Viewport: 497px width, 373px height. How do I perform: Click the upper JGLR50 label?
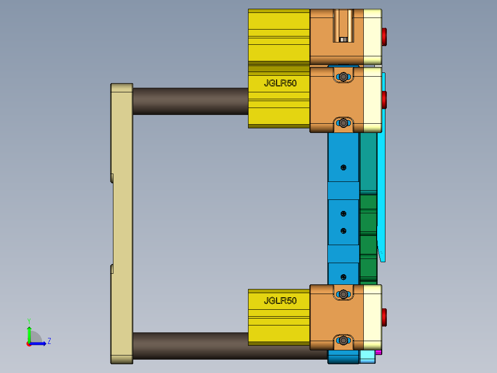pos(280,84)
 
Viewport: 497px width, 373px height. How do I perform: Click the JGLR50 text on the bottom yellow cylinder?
pos(280,301)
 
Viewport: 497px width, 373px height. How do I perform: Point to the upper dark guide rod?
pos(190,101)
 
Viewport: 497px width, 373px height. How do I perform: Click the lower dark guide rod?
pos(190,346)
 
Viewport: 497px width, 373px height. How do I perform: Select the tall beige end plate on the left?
pos(122,223)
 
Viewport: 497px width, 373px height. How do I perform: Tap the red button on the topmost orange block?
pos(384,36)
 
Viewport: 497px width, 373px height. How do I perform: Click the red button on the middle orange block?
pos(384,99)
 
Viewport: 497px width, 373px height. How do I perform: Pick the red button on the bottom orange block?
pos(384,318)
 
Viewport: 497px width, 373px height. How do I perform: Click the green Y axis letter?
pos(29,320)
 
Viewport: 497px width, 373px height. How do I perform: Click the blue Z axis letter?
pos(49,342)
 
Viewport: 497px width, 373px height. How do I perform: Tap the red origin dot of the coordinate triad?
pos(29,343)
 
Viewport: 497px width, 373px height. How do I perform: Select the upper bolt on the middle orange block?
pos(343,77)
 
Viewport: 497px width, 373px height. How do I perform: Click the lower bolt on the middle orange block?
pos(343,123)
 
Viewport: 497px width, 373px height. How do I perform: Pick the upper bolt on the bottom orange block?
pos(343,294)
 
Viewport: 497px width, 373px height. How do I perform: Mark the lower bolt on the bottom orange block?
pos(343,341)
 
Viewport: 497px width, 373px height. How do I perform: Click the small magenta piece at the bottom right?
pos(379,352)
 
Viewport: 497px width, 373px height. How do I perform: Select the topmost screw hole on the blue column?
pos(343,168)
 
